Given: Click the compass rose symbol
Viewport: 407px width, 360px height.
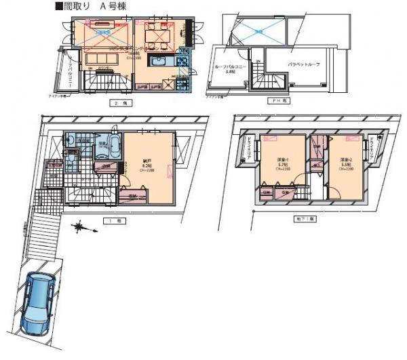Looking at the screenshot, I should click(x=80, y=226).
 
